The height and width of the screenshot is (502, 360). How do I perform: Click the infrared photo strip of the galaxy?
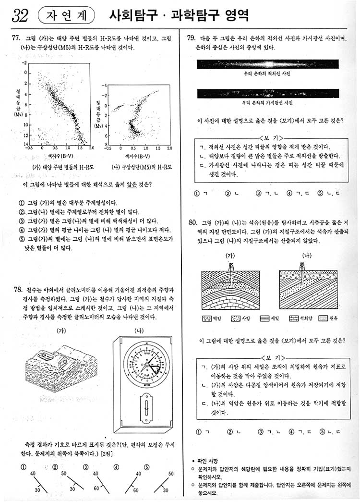pos(267,64)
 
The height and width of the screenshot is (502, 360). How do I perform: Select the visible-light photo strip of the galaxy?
pos(267,93)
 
